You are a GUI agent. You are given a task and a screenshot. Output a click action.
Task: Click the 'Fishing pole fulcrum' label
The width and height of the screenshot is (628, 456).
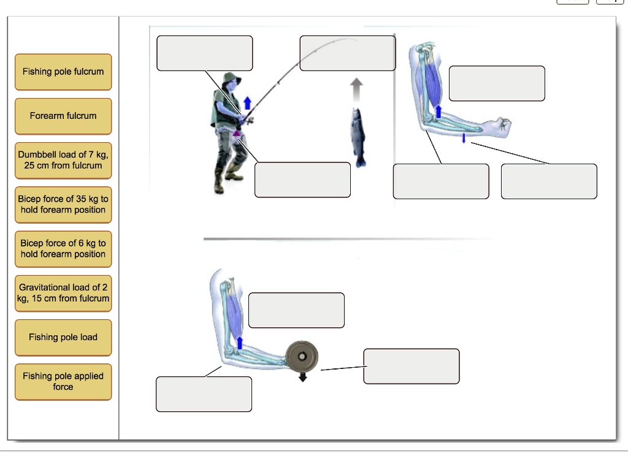click(x=63, y=72)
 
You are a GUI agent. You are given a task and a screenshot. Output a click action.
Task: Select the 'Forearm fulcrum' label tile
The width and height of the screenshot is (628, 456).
click(x=63, y=116)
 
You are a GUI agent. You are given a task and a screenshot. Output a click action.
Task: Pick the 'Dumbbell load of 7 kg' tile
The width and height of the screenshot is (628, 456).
click(x=63, y=161)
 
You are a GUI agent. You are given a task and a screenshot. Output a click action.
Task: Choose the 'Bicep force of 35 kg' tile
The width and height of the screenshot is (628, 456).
click(x=63, y=205)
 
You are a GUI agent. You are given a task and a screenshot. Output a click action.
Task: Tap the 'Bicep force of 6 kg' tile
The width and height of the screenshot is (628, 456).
click(x=63, y=249)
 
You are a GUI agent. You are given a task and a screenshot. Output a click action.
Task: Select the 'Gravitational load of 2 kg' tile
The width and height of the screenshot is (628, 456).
click(x=63, y=293)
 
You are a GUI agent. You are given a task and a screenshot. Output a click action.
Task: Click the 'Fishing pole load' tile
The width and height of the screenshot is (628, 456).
click(x=63, y=337)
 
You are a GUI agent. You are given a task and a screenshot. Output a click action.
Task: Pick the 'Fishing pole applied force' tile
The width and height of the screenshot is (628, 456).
click(x=63, y=381)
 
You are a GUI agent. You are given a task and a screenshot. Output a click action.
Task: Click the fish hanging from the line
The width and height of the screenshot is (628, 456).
click(x=358, y=137)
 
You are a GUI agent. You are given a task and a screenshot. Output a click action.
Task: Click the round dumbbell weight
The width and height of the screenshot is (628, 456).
click(x=302, y=356)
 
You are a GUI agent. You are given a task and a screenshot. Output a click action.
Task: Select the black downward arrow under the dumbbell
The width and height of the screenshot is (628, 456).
click(x=302, y=377)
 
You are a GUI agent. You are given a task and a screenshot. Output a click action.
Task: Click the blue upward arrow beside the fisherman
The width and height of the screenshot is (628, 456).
click(x=247, y=102)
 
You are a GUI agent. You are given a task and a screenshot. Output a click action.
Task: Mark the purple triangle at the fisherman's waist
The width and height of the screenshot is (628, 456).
click(x=236, y=131)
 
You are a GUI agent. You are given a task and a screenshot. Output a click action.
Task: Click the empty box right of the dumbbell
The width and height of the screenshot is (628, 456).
click(x=411, y=366)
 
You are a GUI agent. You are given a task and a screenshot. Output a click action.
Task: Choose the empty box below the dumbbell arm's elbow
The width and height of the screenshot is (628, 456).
click(x=204, y=394)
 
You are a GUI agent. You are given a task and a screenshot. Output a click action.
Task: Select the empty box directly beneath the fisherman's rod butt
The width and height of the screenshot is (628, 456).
click(x=302, y=180)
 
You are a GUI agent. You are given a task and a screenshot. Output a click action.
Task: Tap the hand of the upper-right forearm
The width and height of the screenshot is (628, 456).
click(x=499, y=126)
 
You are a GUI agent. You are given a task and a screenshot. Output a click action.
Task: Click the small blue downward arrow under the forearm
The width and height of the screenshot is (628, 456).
click(x=464, y=139)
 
